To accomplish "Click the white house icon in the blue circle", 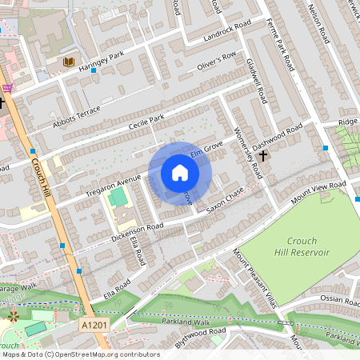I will pyautogui.click(x=180, y=173).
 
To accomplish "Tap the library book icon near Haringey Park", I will pyautogui.click(x=70, y=62).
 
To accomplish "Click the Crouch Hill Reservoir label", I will pyautogui.click(x=300, y=246).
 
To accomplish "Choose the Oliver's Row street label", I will pyautogui.click(x=217, y=58).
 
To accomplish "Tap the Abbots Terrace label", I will pyautogui.click(x=77, y=110).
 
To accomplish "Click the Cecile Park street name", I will pyautogui.click(x=146, y=124).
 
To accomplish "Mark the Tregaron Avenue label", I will pyautogui.click(x=114, y=183).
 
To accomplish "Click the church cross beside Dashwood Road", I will pyautogui.click(x=264, y=156).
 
